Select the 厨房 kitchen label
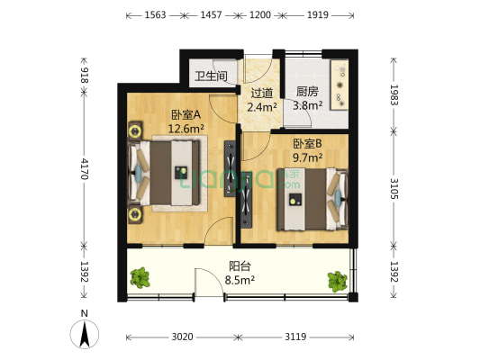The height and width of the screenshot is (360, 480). (307, 91)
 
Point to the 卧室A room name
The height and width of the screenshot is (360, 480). (185, 114)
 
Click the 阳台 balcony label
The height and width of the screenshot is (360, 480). (238, 266)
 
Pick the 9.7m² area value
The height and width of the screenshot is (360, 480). (306, 156)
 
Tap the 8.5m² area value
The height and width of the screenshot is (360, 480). (239, 280)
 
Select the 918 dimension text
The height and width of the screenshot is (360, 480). (85, 76)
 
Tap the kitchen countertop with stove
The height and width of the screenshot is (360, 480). (340, 87)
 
